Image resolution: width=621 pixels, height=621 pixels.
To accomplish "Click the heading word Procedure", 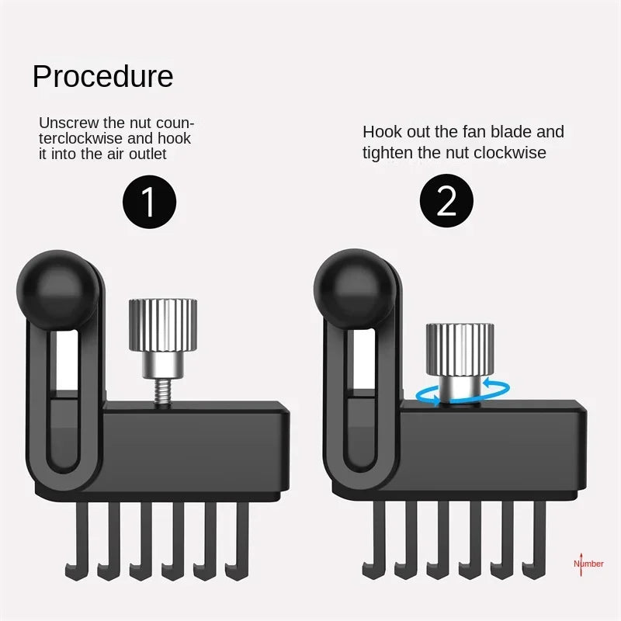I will pos(102,77).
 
